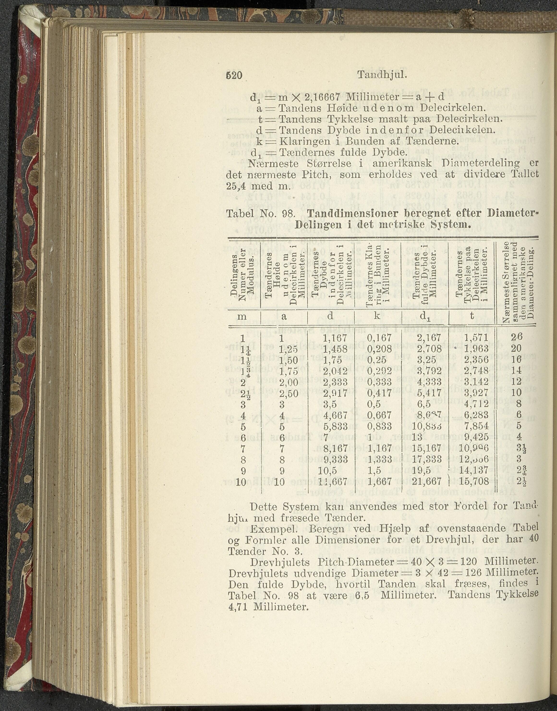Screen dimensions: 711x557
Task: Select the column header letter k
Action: [377, 315]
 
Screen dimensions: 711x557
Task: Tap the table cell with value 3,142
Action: [476, 382]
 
